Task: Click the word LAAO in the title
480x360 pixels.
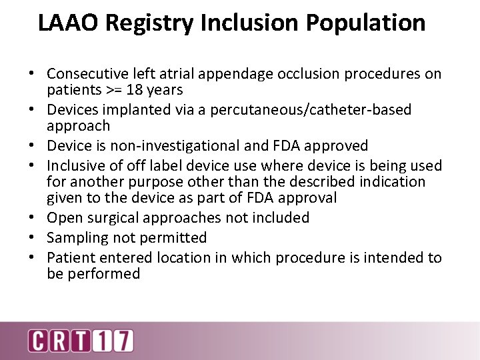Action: tap(67, 23)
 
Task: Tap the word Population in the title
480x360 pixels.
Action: tap(365, 23)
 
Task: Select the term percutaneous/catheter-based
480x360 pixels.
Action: tap(311, 109)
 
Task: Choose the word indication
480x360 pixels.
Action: tap(388, 181)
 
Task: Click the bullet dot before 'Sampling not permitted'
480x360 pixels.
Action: tap(38, 238)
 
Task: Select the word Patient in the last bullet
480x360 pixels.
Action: tap(69, 257)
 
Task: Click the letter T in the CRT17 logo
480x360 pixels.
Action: tap(83, 340)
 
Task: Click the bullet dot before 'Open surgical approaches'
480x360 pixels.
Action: tap(38, 218)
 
